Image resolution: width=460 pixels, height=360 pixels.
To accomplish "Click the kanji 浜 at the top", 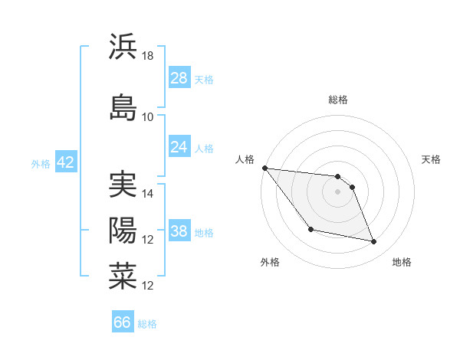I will (x=123, y=47).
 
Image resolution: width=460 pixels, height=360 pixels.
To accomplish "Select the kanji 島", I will (x=123, y=106).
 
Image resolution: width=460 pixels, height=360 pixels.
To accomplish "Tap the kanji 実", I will (x=123, y=185).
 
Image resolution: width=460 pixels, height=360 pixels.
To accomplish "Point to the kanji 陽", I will (x=123, y=230).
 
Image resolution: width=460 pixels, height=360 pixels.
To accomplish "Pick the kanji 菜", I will (x=123, y=276).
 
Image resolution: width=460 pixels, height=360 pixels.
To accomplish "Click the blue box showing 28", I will (x=179, y=78).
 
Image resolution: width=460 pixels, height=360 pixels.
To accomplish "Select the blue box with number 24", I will (x=179, y=147).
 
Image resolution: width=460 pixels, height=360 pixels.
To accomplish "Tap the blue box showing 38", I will (x=179, y=231).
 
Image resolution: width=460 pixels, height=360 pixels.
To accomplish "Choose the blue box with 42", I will (x=64, y=162).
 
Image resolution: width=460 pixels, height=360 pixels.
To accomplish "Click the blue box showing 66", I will (x=123, y=322).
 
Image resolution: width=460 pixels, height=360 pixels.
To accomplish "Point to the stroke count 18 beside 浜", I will (x=148, y=56).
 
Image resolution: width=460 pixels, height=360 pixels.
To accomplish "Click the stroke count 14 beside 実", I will (x=148, y=194).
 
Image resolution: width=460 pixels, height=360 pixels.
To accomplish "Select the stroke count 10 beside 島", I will (x=148, y=116).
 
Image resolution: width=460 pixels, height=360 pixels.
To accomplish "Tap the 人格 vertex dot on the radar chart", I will (x=264, y=168).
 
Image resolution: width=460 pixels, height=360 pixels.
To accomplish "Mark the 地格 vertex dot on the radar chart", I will (x=374, y=242).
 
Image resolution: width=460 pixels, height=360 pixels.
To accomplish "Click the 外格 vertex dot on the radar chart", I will (x=310, y=229).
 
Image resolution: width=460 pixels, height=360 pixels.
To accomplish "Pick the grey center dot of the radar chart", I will (x=337, y=191).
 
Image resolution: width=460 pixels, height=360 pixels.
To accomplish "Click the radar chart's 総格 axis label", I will (x=338, y=100).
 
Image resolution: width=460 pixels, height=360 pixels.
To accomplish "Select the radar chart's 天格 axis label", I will (x=431, y=159).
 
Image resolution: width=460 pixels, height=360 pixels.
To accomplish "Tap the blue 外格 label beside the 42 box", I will (x=41, y=163).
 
